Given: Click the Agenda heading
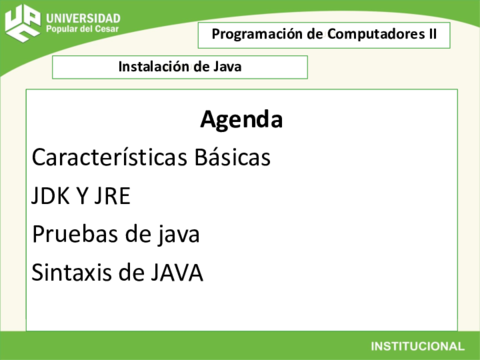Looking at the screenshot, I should [241, 121].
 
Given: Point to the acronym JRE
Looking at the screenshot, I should [112, 196].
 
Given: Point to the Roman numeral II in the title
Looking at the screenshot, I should [431, 34].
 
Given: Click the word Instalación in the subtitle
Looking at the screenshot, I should [151, 67].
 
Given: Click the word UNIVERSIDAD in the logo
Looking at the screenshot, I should [83, 18].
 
